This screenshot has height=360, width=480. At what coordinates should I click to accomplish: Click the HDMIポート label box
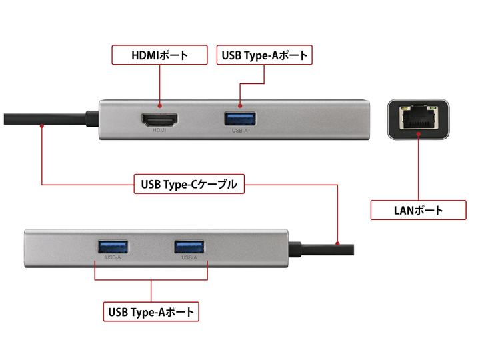pos(159,55)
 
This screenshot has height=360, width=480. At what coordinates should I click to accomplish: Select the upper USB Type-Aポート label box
pos(265,55)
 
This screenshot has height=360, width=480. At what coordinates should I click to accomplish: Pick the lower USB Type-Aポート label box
pos(151,311)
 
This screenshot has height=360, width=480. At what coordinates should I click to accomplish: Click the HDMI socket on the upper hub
pos(159,121)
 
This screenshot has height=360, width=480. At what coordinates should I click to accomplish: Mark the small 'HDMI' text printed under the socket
pos(159,131)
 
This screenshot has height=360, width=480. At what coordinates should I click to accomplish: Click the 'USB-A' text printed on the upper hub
pos(240,131)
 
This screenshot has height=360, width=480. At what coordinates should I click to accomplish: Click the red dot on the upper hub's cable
pos(41,125)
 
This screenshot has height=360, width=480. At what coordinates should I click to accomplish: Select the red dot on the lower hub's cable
pos(338,244)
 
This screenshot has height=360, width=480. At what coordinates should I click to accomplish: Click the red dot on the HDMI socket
pos(159,105)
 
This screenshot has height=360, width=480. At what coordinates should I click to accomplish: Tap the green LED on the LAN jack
pos(403,107)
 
